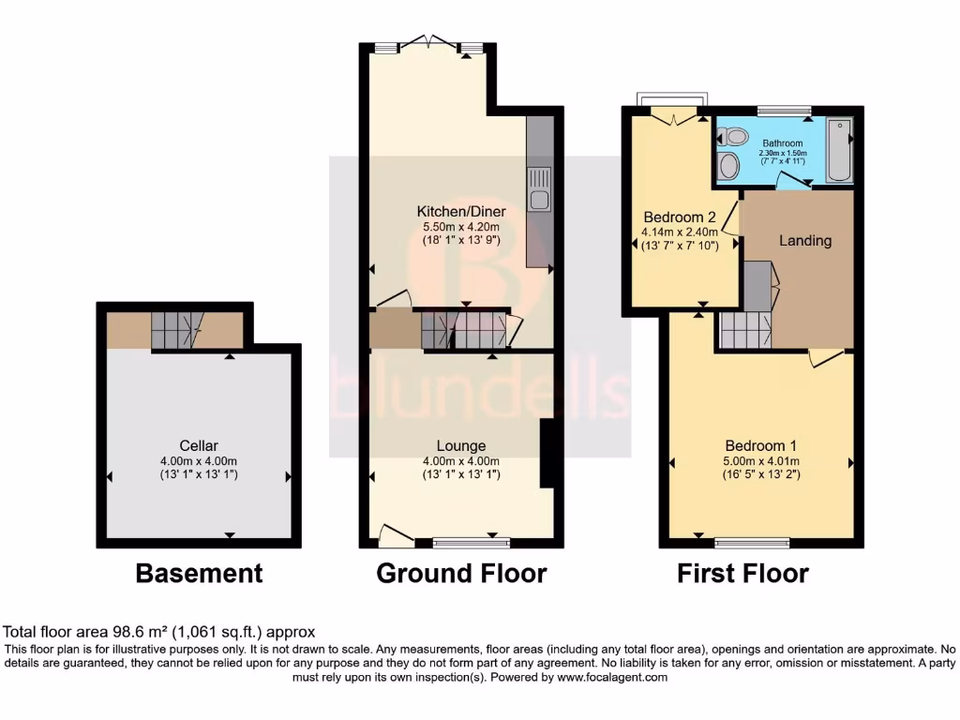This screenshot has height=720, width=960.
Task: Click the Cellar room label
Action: click(x=200, y=445)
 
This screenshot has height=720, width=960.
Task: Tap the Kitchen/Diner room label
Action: click(x=459, y=210)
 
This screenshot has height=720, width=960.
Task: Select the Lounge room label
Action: click(x=460, y=445)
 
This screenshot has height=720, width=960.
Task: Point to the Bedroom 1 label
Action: click(x=760, y=445)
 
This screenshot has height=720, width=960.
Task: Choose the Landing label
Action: click(x=805, y=241)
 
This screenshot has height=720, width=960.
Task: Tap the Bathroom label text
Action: click(x=783, y=143)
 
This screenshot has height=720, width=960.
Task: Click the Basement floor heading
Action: click(x=199, y=573)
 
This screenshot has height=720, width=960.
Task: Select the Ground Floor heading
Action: click(x=461, y=573)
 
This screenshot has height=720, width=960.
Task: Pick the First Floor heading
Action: click(x=742, y=573)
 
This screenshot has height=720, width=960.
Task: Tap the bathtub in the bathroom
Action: click(x=840, y=150)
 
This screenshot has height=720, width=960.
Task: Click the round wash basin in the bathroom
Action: click(x=727, y=167)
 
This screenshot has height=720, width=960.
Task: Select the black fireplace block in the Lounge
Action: click(x=548, y=454)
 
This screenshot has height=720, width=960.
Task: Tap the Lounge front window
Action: click(x=472, y=541)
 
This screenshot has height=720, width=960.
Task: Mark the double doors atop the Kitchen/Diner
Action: click(x=427, y=44)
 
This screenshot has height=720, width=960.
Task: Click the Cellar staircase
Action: click(x=176, y=330)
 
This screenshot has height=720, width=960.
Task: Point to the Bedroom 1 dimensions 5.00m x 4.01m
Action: click(x=760, y=460)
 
